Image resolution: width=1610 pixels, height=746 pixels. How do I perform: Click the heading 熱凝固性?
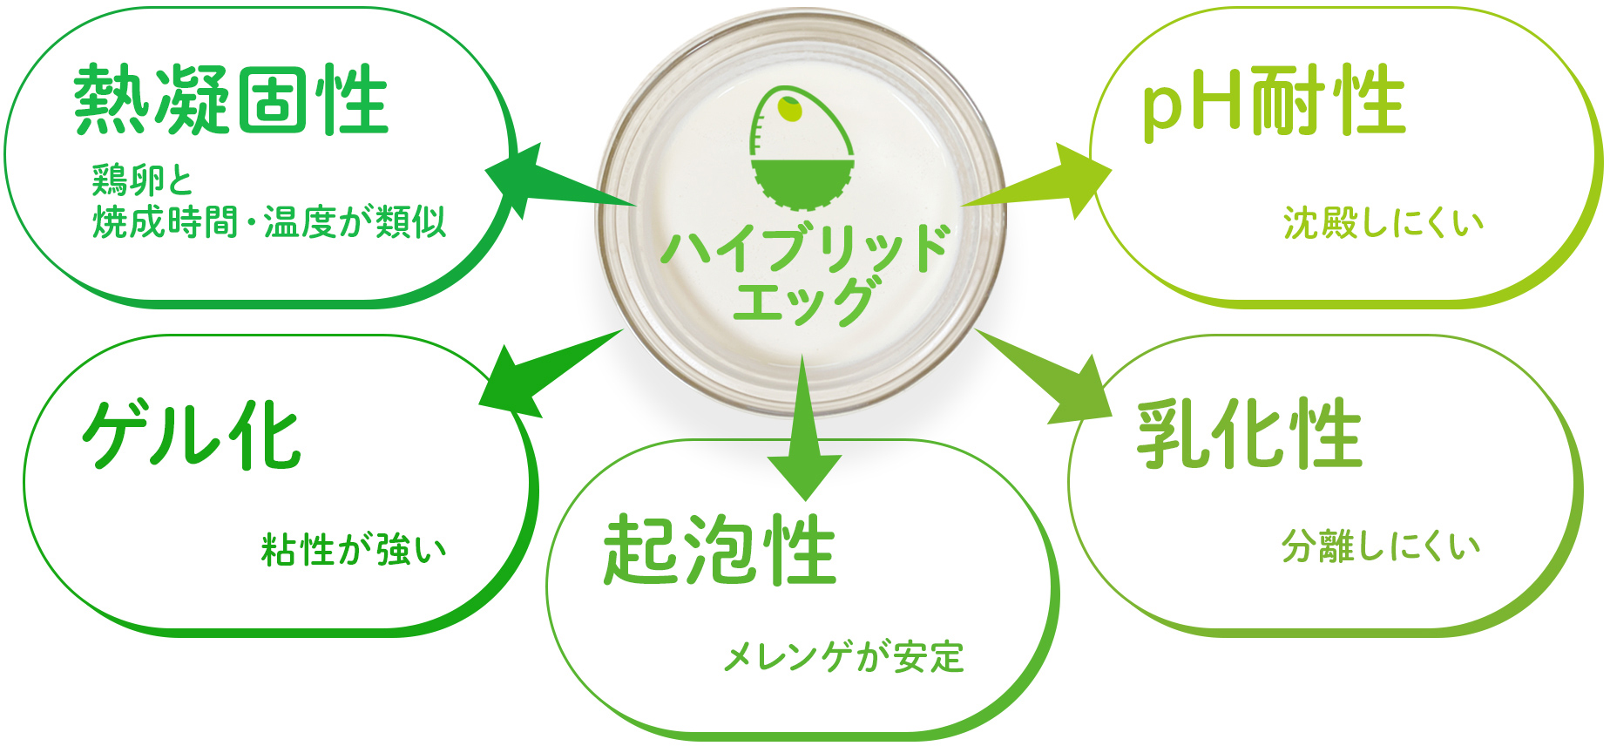(231, 100)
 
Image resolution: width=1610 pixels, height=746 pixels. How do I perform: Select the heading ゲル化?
(192, 436)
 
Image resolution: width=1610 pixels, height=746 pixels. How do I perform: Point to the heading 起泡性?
(720, 550)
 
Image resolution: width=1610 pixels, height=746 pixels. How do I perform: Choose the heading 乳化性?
(1249, 433)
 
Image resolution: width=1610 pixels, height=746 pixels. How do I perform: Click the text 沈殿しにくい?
(1383, 223)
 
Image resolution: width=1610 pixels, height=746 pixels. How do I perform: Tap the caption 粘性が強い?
(354, 550)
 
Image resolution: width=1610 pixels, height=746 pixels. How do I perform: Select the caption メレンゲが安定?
(843, 657)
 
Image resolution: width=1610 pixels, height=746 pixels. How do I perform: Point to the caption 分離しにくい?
(1381, 546)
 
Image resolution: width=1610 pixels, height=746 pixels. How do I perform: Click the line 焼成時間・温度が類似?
(269, 222)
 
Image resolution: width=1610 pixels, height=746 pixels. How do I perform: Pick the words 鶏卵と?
(142, 180)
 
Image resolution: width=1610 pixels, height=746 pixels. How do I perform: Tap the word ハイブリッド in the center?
(804, 248)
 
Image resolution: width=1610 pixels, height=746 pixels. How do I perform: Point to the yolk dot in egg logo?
(790, 110)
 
